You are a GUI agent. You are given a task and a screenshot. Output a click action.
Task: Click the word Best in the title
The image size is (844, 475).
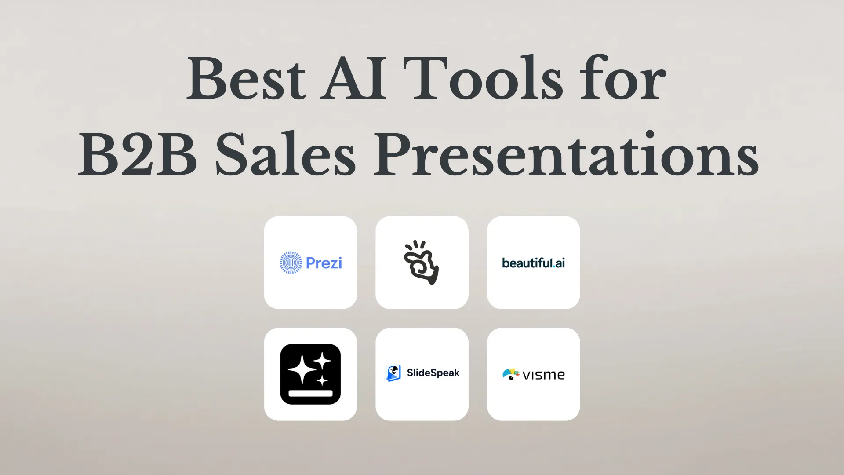point(246,79)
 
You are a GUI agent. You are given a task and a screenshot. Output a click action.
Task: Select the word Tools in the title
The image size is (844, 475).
point(483,78)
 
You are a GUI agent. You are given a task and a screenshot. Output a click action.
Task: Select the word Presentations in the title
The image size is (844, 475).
point(566,154)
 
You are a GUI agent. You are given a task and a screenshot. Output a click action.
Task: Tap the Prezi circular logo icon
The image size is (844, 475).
point(291,263)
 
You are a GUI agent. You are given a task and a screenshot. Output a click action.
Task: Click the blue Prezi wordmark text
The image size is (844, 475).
point(324,263)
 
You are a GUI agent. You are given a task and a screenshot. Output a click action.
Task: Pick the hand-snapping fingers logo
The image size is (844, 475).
point(422,263)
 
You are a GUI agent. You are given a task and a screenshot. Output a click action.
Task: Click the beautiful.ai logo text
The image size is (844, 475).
point(533,263)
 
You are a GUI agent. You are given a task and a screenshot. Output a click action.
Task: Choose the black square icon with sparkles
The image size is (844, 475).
point(310,374)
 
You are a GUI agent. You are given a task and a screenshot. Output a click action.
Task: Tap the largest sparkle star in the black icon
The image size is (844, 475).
point(302,370)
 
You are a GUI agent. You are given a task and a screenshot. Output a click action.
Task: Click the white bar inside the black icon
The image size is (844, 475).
point(310,393)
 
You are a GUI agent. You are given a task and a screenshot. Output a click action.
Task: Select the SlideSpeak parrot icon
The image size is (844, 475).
point(393,373)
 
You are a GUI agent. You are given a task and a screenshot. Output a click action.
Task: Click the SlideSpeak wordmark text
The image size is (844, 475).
point(433,373)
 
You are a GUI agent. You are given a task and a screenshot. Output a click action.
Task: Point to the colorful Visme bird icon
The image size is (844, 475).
point(511,374)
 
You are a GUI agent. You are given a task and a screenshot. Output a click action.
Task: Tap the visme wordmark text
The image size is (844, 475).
point(544,375)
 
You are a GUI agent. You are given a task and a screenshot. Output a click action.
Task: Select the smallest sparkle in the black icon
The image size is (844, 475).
point(323,380)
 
